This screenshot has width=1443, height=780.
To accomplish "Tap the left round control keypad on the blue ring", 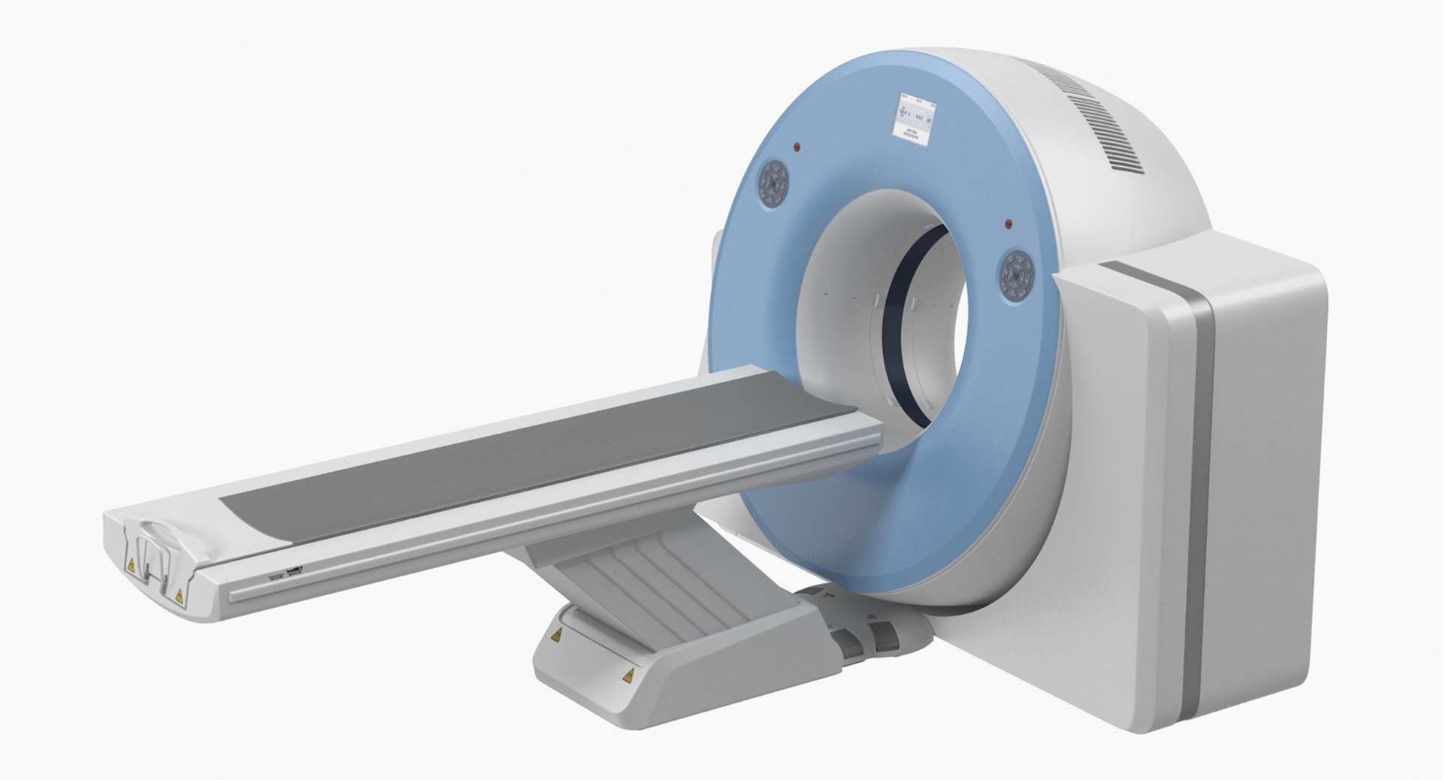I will (773, 183).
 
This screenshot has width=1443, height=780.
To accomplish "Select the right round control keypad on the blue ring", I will (1018, 277).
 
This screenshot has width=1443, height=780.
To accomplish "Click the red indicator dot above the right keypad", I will (1008, 224).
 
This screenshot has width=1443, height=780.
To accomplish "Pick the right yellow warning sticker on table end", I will (178, 596).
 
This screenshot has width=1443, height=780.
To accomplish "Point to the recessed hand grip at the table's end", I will (155, 556).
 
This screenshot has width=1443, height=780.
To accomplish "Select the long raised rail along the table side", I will (556, 518).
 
